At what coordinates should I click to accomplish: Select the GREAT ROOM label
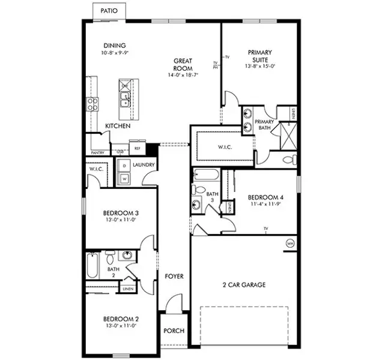point(182,64)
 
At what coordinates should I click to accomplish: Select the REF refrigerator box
point(137,147)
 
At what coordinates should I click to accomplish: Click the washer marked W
point(124,178)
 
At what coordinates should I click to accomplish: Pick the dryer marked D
point(124,165)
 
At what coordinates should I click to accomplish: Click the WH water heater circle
point(290,244)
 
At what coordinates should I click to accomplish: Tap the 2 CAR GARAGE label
point(243,285)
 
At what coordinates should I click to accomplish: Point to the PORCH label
point(174,331)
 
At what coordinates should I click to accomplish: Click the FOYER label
point(174,277)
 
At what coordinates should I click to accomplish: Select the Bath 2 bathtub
point(91,265)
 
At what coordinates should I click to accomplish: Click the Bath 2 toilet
point(111,259)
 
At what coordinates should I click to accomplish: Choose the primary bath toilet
point(290,160)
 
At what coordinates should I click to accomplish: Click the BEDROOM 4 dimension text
point(265,204)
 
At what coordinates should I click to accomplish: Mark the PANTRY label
point(97,152)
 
